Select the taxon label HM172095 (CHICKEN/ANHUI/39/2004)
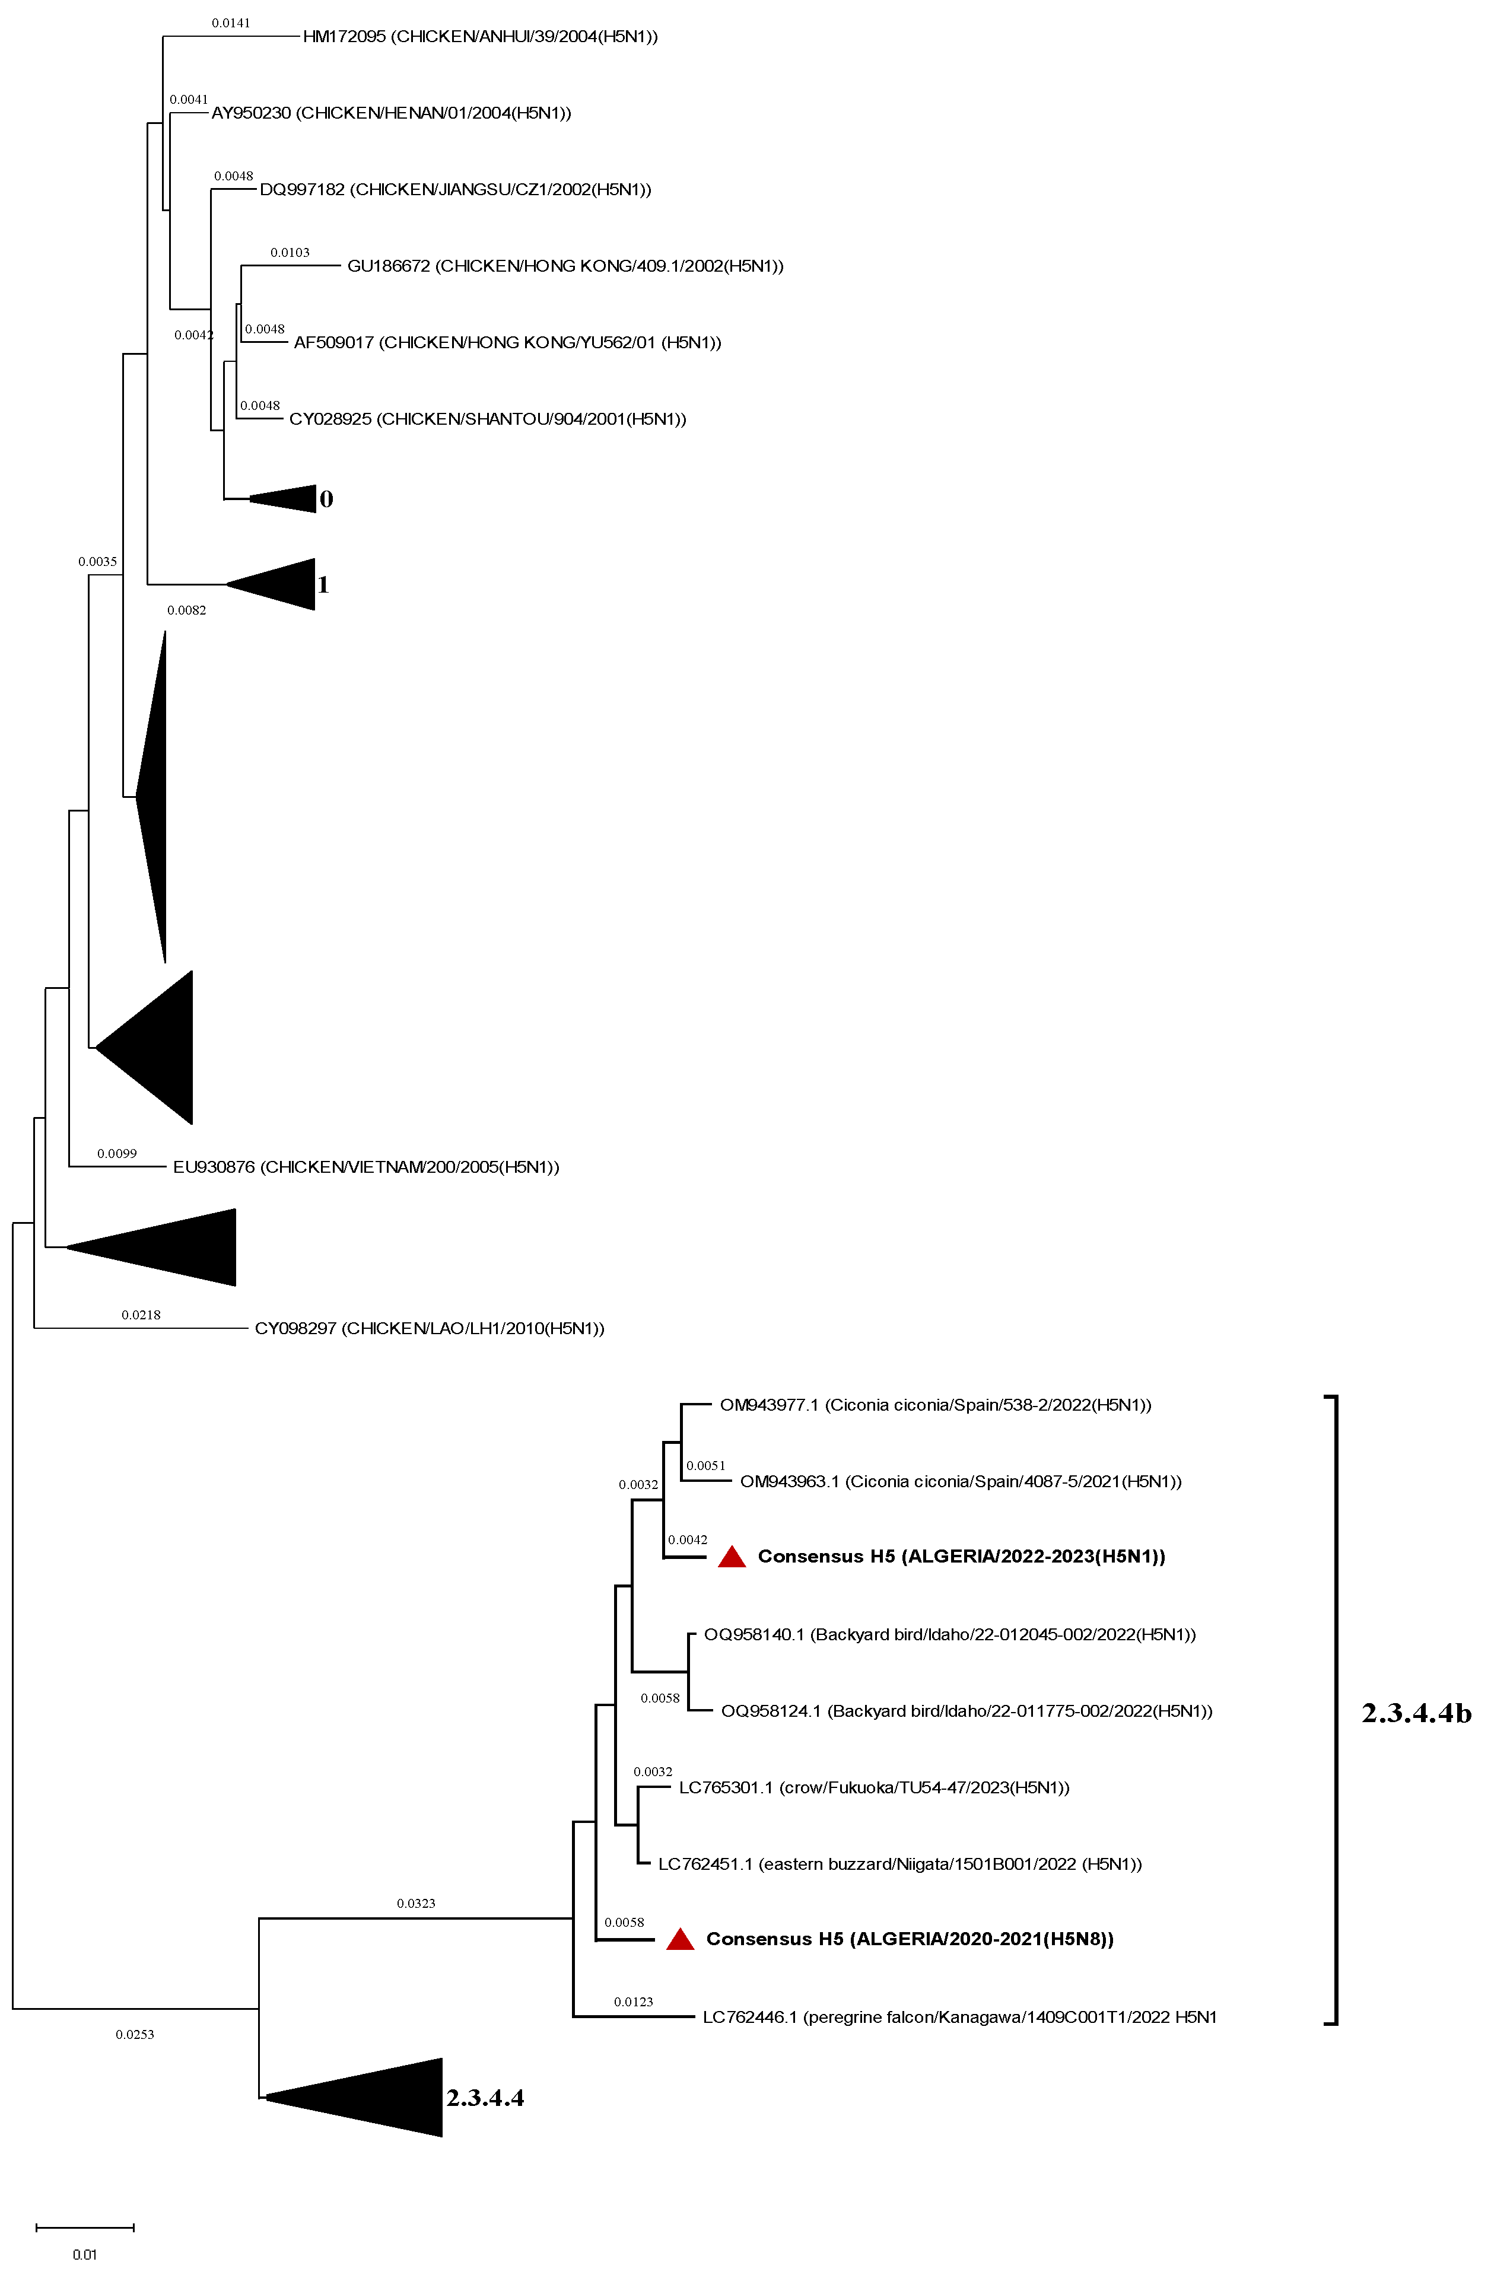pyautogui.click(x=480, y=37)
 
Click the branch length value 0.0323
pyautogui.click(x=416, y=1903)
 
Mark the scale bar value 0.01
pyautogui.click(x=85, y=2254)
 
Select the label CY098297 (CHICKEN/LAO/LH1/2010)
pyautogui.click(x=429, y=1329)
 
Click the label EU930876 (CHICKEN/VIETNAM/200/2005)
pyautogui.click(x=366, y=1167)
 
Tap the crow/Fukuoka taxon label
pyautogui.click(x=873, y=1787)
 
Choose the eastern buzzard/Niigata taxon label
pyautogui.click(x=899, y=1864)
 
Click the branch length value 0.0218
pyautogui.click(x=141, y=1315)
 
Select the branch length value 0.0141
pyautogui.click(x=231, y=23)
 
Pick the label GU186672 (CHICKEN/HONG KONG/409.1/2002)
pyautogui.click(x=565, y=267)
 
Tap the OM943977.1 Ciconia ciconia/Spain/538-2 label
pyautogui.click(x=934, y=1405)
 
